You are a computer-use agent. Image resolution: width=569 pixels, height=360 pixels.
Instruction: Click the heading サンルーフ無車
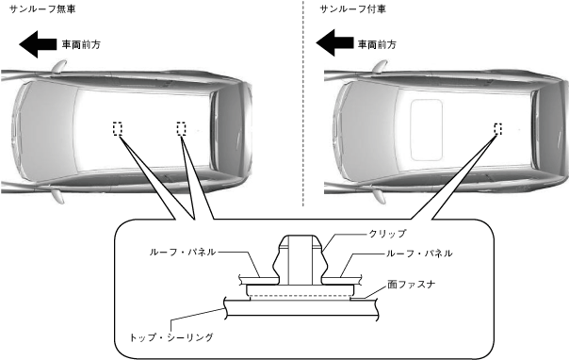pos(42,9)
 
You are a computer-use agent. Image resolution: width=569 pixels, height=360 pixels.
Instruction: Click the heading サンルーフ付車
pos(352,9)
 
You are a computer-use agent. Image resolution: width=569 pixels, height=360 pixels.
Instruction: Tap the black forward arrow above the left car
pos(38,44)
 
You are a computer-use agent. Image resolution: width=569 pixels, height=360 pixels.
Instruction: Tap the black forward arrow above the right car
pos(334,42)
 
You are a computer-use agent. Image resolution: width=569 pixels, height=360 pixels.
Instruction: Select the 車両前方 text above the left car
pos(81,44)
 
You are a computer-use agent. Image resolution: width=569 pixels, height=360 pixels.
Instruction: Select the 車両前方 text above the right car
pos(377,44)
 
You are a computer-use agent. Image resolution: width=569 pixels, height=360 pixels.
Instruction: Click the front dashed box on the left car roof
pos(117,129)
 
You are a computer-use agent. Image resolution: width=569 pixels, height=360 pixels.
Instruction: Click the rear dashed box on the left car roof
pos(182,129)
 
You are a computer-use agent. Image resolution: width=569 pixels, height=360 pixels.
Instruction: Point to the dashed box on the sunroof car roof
pos(497,129)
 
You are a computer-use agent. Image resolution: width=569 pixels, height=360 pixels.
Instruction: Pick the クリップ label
pos(387,234)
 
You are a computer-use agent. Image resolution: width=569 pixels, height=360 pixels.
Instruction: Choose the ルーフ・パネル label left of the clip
pos(183,252)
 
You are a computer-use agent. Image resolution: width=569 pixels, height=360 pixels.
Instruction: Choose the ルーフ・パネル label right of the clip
pos(419,253)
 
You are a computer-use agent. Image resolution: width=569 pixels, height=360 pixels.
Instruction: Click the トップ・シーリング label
pos(171,337)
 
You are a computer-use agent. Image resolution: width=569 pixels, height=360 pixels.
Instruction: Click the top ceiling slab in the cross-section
pos(301,306)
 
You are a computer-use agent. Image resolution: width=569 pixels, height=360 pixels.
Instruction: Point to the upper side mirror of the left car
pos(58,67)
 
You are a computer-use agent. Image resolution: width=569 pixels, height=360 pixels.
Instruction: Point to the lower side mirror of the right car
pos(380,196)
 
